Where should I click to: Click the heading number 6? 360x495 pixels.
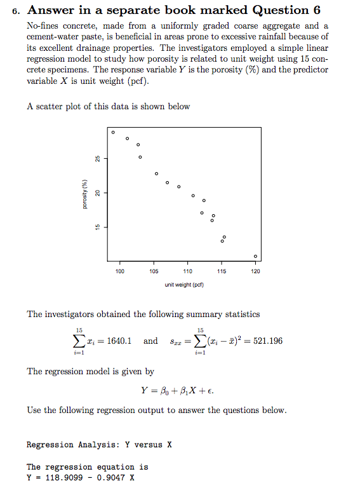click(19, 11)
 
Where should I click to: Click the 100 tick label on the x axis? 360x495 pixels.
click(120, 271)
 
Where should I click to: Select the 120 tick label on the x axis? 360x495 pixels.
click(255, 271)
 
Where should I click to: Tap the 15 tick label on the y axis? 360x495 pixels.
click(97, 227)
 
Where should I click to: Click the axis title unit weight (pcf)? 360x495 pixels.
click(187, 284)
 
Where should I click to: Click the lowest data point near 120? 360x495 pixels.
click(255, 256)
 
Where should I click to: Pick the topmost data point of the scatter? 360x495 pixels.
click(113, 132)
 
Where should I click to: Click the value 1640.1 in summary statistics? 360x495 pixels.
click(119, 341)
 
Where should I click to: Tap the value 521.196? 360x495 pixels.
click(267, 341)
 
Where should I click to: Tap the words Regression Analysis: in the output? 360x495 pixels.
click(72, 445)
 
